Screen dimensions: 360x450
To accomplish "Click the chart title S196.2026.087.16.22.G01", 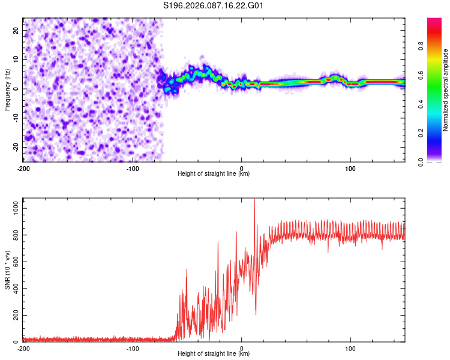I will tap(214, 6).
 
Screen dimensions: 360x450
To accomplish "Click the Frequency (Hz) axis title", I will tap(7, 89).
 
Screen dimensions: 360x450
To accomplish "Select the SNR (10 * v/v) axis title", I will tap(7, 269).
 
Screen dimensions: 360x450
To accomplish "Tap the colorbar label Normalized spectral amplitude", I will tap(446, 90).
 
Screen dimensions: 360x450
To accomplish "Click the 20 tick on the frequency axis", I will tap(16, 30).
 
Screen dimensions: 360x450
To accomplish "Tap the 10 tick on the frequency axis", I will tap(16, 59).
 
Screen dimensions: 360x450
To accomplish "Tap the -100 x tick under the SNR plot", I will tap(133, 349).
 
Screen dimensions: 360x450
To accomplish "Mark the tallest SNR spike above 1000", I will tap(254, 200).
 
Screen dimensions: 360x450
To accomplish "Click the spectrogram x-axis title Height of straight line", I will tap(214, 174).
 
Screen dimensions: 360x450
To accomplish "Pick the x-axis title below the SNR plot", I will tap(214, 354).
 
